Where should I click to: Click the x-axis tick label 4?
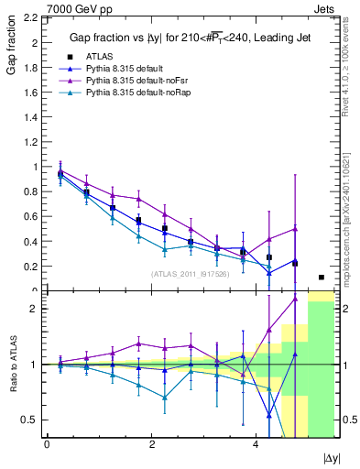coord(255,444)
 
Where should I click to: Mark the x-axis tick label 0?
coord(47,444)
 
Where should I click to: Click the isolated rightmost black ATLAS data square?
coord(321,277)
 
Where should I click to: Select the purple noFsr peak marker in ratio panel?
coord(295,299)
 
